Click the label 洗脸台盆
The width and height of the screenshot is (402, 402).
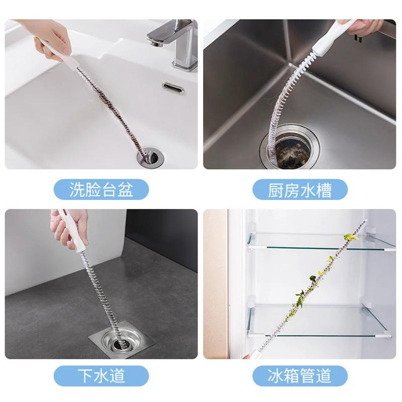pyautogui.click(x=101, y=190)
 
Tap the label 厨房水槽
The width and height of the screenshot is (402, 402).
pyautogui.click(x=300, y=190)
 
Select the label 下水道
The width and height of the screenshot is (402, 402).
pyautogui.click(x=101, y=375)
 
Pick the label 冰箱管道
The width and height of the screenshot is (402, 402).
pyautogui.click(x=300, y=375)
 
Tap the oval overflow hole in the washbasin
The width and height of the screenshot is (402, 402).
pyautogui.click(x=173, y=88)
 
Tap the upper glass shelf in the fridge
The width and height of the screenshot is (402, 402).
pyautogui.click(x=321, y=242)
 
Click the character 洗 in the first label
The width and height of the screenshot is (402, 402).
pyautogui.click(x=77, y=190)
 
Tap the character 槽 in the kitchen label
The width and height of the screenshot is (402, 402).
pyautogui.click(x=324, y=190)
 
